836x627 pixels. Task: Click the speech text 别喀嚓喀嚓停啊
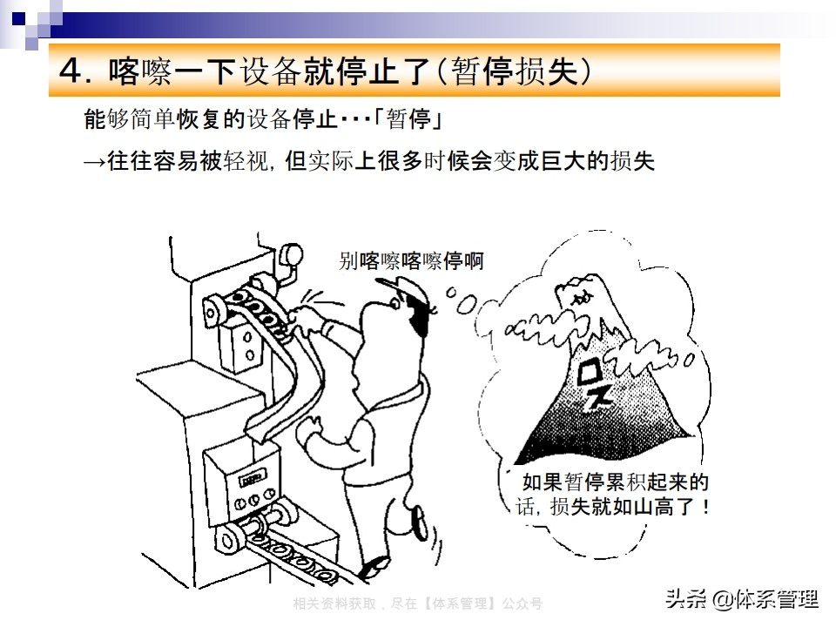tap(411, 260)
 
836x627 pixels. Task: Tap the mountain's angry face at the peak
tap(581, 296)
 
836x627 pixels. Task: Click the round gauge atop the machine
tap(291, 254)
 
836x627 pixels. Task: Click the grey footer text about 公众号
tap(417, 603)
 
